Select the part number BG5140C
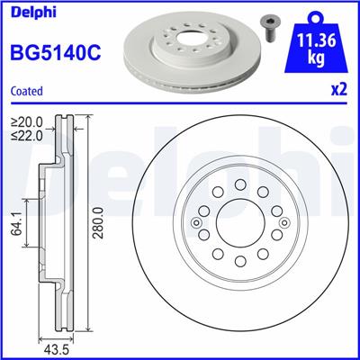[x=55, y=53]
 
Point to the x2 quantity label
[x=339, y=90]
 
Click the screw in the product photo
[x=271, y=24]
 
